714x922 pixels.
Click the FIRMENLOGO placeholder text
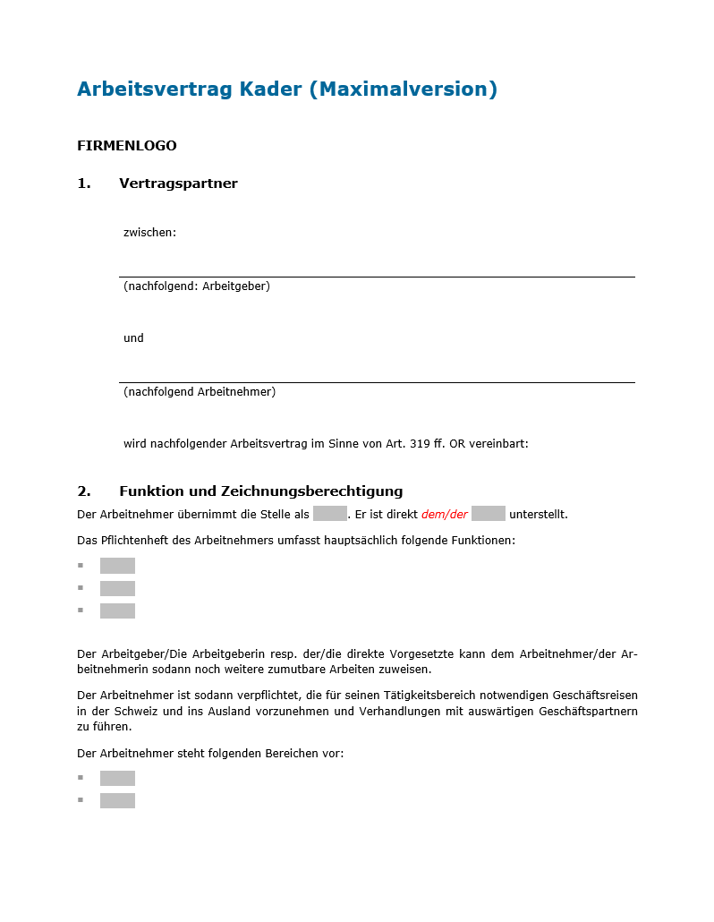click(127, 146)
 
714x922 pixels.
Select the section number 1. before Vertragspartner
click(84, 184)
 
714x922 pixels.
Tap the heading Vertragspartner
click(178, 184)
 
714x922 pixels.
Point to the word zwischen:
click(149, 233)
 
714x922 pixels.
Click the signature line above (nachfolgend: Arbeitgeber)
click(377, 277)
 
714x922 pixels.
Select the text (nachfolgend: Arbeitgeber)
click(197, 286)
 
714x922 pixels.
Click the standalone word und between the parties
click(133, 338)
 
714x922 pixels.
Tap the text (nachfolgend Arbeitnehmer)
click(200, 392)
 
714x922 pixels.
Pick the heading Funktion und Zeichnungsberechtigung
click(260, 491)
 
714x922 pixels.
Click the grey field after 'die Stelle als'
click(329, 514)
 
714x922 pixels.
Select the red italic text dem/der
click(445, 515)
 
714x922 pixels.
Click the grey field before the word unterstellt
click(488, 514)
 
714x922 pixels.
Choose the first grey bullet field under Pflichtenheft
click(117, 566)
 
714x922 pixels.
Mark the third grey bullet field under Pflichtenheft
click(117, 610)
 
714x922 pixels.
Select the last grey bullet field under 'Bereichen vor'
click(117, 800)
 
